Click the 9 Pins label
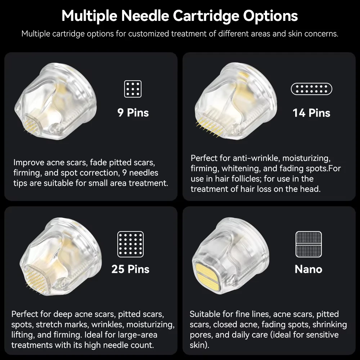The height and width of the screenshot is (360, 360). [x=133, y=112]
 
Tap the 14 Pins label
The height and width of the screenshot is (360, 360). [x=311, y=113]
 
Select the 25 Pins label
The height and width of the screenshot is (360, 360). [x=130, y=269]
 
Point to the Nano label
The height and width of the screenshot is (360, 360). [x=309, y=269]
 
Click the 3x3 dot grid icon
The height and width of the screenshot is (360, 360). [x=133, y=89]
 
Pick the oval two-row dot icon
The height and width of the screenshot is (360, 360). [x=311, y=89]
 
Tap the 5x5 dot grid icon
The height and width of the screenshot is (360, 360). [x=130, y=244]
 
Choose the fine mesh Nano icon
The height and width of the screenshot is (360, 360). [x=309, y=244]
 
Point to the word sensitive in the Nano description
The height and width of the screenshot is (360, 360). [x=322, y=335]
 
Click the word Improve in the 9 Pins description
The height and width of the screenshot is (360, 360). [x=29, y=163]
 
